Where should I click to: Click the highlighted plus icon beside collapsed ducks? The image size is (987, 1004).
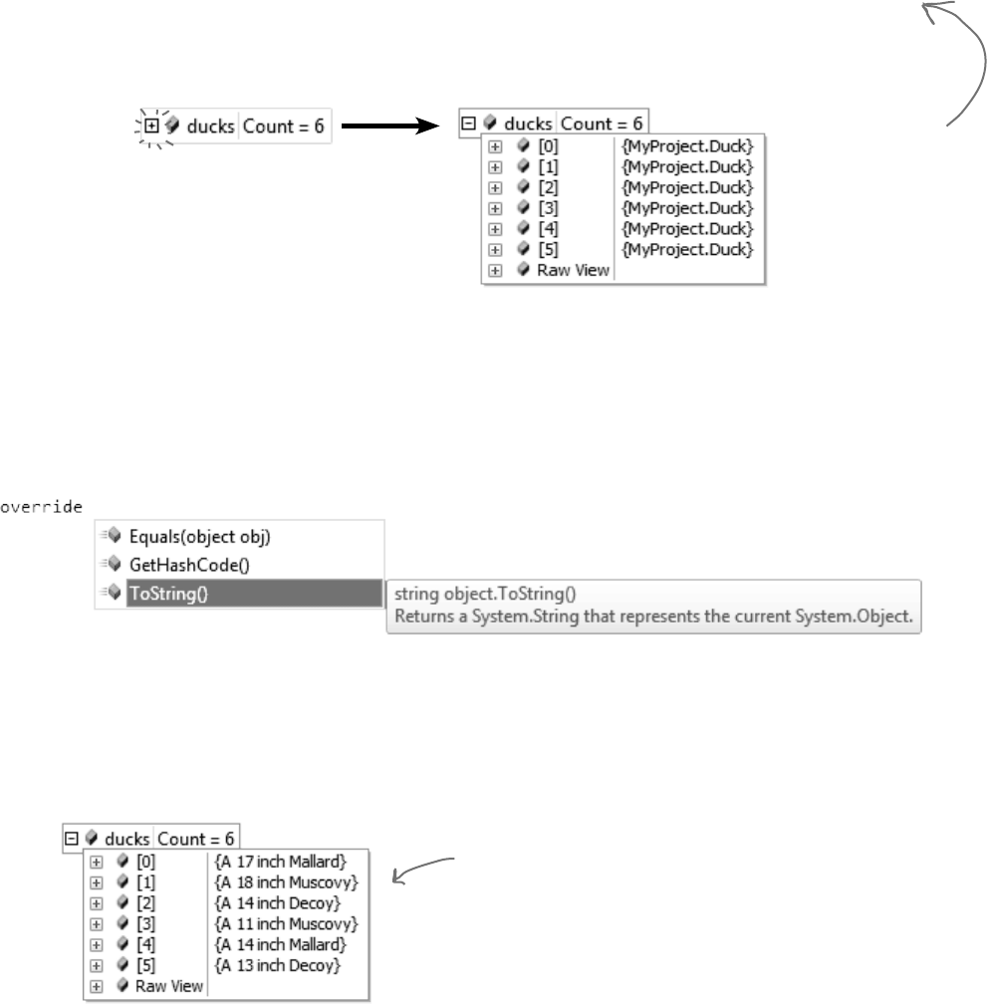pyautogui.click(x=151, y=126)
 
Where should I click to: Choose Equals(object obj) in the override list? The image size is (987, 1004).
pyautogui.click(x=200, y=536)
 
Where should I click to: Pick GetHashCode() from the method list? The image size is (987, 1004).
pyautogui.click(x=181, y=565)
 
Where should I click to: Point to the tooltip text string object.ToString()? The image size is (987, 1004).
pyautogui.click(x=466, y=595)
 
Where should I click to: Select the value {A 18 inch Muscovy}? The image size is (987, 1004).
pyautogui.click(x=285, y=882)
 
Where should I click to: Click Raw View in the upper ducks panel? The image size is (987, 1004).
pyautogui.click(x=573, y=269)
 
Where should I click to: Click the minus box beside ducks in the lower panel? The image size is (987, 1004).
pyautogui.click(x=71, y=839)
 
